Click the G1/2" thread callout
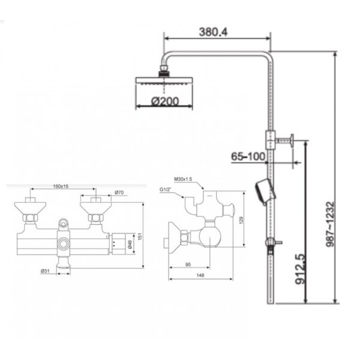(x=167, y=190)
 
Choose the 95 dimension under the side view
(x=189, y=264)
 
